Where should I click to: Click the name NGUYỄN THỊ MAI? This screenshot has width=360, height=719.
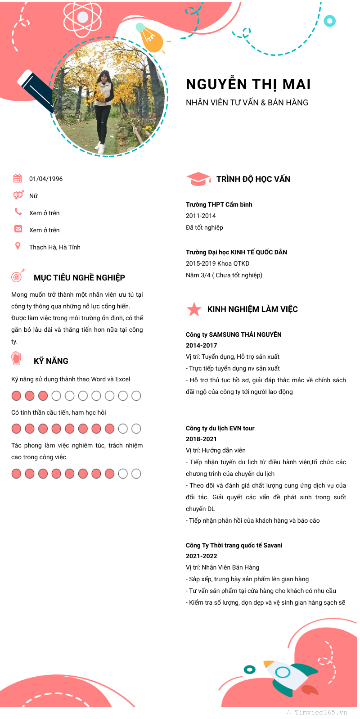248,85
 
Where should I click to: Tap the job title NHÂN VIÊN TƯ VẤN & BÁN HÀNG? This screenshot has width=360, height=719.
247,103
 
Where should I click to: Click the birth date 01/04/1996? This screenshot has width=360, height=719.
46,179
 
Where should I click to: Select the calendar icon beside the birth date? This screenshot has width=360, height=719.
18,178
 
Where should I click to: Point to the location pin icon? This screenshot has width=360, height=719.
18,246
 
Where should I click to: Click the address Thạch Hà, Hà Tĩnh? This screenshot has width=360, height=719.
55,247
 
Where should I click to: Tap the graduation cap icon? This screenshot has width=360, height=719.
198,179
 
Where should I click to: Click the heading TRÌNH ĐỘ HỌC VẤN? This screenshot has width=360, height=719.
253,179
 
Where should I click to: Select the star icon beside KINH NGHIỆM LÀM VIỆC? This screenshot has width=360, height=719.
194,309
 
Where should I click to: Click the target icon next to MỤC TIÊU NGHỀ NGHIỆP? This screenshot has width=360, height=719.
18,276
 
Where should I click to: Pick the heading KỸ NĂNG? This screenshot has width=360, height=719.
51,361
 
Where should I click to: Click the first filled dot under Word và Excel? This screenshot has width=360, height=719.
16,396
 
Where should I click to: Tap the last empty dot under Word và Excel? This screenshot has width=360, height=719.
136,396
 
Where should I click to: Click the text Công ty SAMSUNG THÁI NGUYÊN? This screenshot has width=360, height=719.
234,335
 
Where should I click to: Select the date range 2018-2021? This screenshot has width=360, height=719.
201,439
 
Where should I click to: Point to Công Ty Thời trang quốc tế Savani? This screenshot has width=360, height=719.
234,545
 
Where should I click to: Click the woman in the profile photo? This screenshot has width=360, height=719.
103,108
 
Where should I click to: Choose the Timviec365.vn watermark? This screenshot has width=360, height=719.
320,712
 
